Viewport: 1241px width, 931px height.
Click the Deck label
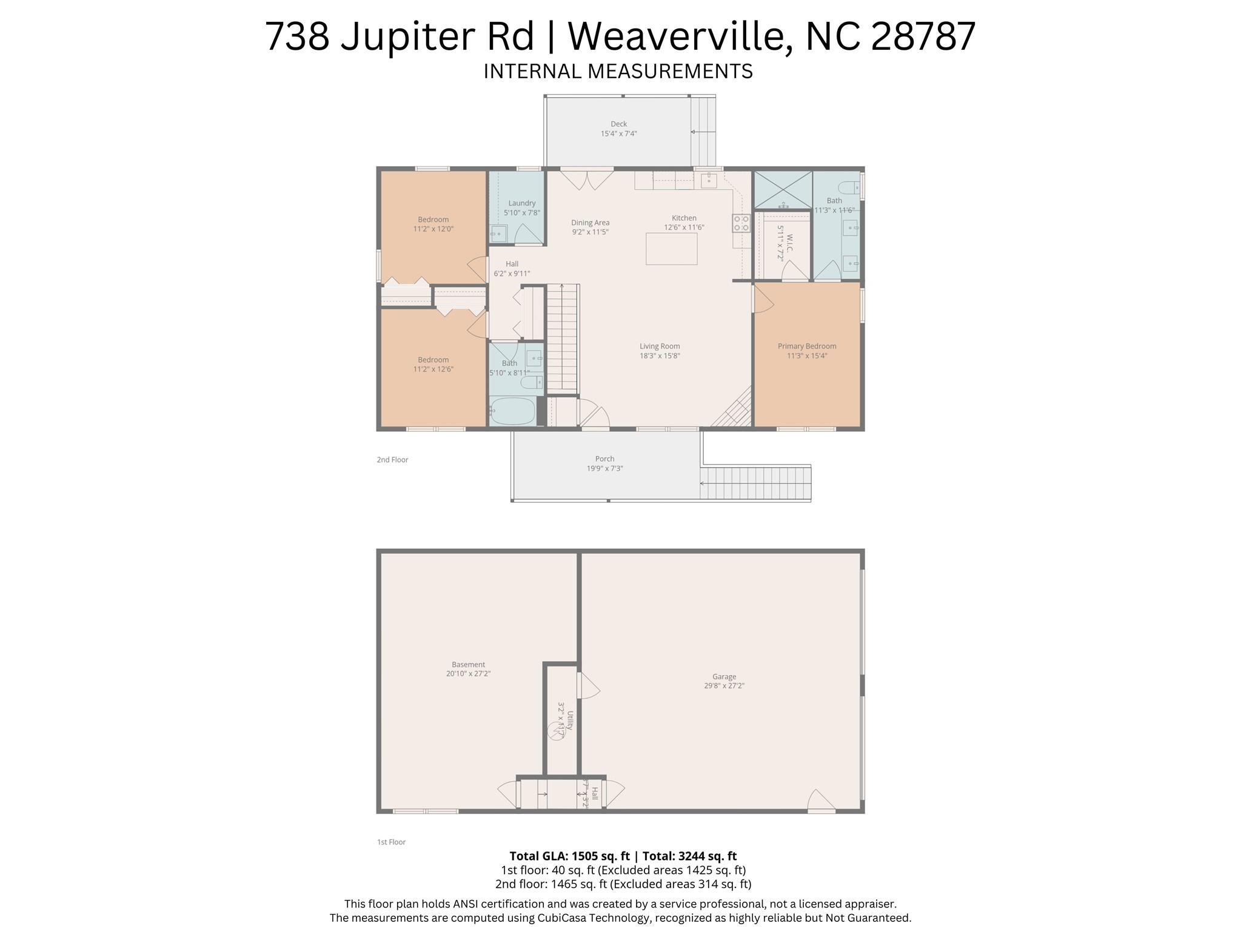[618, 124]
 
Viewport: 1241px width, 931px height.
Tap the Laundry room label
[521, 203]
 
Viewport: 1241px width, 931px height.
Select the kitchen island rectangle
[671, 249]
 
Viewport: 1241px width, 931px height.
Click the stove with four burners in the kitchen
[741, 223]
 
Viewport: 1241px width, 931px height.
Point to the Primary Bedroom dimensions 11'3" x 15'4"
[806, 356]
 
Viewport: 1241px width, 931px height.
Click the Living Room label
[660, 346]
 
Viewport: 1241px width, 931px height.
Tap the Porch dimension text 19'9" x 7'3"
[604, 468]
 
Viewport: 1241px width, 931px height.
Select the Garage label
[724, 676]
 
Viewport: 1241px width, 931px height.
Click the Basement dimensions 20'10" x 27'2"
[468, 673]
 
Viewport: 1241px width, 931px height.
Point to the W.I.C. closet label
[789, 243]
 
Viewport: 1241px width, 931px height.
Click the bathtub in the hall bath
[512, 411]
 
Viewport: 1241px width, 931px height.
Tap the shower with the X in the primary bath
[783, 190]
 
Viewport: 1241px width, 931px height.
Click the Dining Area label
[590, 223]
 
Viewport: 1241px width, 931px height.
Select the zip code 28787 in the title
[923, 36]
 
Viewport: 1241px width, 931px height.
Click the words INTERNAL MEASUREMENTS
[618, 72]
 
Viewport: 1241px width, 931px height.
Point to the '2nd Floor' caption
[392, 460]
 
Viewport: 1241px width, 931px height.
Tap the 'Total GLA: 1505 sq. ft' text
[569, 856]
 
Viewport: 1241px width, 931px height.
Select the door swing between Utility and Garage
[589, 685]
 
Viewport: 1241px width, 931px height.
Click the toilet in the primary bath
[848, 187]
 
